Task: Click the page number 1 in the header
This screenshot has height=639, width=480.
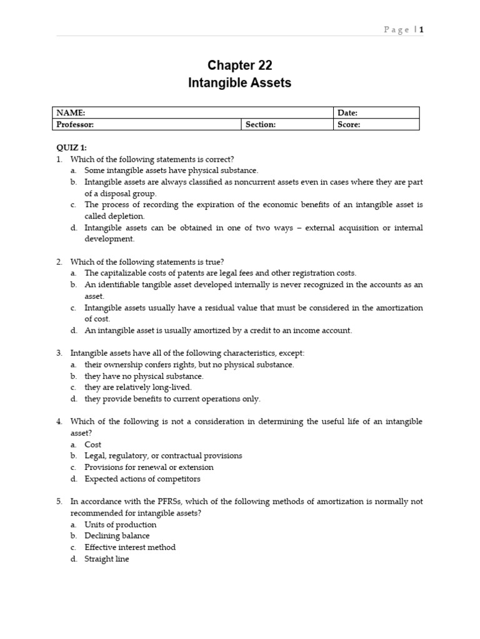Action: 421,29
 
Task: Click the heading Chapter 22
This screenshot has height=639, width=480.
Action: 239,66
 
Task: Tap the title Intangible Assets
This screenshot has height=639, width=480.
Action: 239,83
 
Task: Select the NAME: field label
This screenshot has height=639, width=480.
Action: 71,113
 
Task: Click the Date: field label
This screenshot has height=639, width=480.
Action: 347,113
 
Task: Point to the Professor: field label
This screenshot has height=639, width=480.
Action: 75,124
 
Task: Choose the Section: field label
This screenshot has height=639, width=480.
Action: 261,124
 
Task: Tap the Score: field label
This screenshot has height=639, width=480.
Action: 349,124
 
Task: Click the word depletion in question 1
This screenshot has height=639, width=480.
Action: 127,216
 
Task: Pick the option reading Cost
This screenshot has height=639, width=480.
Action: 93,444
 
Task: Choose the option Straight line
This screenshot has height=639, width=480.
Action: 107,559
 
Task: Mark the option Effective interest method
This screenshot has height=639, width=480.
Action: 130,547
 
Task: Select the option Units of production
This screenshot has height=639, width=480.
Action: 121,524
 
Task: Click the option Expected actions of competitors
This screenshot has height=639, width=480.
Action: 142,479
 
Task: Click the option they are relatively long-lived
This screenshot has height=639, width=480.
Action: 138,387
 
